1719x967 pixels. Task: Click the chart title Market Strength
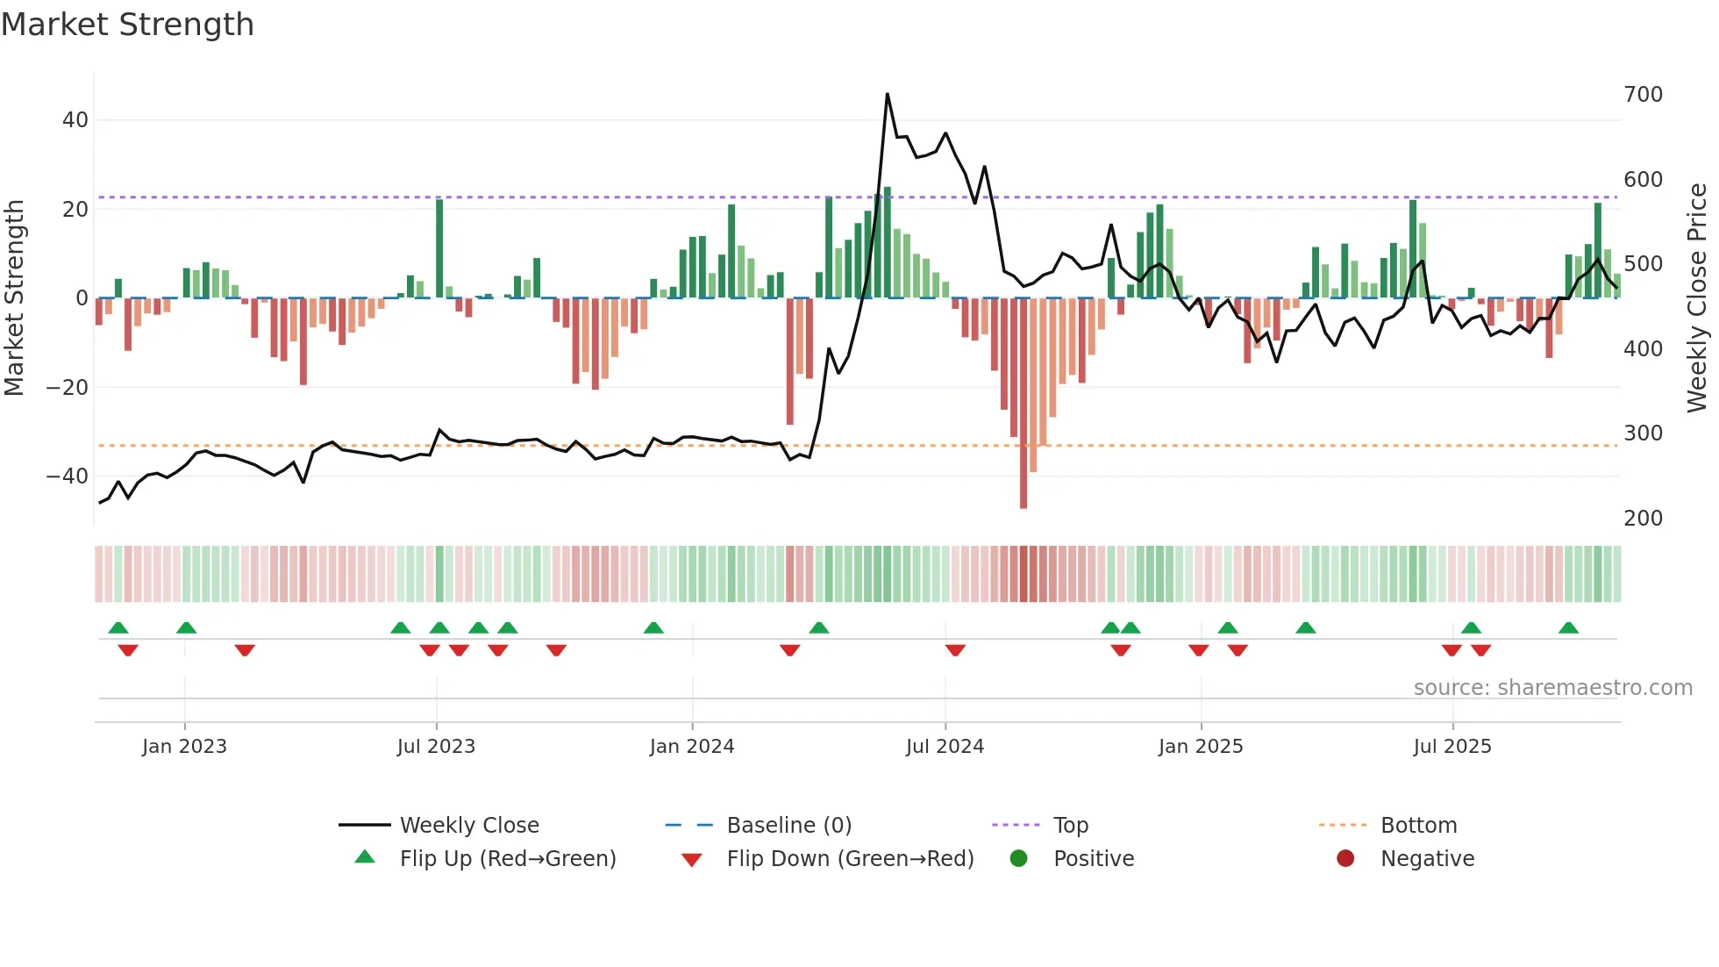128,25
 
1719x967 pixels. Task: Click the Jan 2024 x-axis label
692,747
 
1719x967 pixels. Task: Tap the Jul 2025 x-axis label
1452,747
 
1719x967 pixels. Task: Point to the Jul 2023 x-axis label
436,747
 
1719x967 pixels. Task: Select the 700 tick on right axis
1643,95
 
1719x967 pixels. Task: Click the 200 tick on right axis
1643,519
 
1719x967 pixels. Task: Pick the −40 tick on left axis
68,476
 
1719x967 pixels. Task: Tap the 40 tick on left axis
75,120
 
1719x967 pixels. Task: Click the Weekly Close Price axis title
1697,298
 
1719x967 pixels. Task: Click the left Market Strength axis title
15,298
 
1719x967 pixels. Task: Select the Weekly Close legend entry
469,826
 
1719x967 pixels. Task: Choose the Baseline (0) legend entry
788,826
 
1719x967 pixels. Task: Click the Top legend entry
1070,826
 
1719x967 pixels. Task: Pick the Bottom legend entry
1418,826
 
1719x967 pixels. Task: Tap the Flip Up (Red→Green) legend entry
507,859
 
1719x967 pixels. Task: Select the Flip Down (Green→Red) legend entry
850,859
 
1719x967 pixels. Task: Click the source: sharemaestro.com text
1552,688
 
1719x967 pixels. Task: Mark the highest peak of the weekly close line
888,94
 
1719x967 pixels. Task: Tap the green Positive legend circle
1018,859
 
